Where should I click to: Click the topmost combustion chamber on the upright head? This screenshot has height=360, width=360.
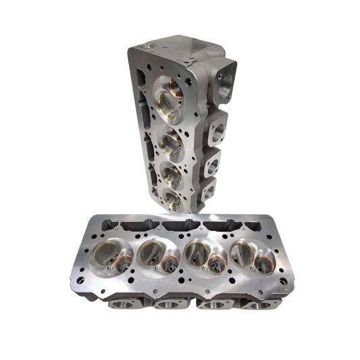(170, 98)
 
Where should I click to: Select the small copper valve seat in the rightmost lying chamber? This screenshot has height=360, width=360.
(257, 261)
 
